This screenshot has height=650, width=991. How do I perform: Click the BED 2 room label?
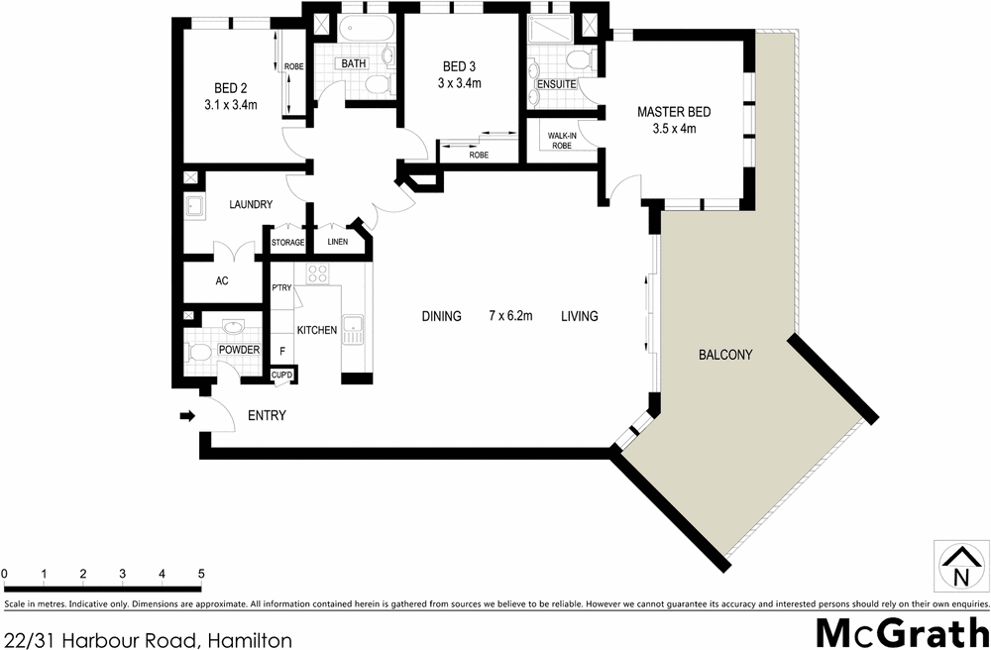pos(231,86)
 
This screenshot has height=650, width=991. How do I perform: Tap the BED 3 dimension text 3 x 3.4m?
pos(460,83)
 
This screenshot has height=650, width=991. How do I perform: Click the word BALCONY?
pos(725,354)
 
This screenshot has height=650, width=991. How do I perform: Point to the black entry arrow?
pos(186,416)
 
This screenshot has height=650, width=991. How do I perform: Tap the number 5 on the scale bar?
pos(201,574)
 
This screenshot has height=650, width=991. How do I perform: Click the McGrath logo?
pos(901,631)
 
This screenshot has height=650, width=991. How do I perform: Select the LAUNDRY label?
pos(251,205)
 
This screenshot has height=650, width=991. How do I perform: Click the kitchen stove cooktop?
pos(318,273)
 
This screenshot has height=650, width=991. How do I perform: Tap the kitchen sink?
pos(353,330)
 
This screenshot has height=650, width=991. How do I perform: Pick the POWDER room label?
pos(240,350)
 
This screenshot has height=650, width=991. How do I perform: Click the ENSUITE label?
pos(556,84)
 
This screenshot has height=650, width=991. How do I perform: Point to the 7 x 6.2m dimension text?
pos(510,316)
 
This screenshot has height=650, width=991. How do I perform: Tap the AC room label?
pos(222,281)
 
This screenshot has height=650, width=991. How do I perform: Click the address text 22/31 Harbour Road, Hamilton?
pos(146,634)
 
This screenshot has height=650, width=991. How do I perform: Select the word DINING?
pos(441,316)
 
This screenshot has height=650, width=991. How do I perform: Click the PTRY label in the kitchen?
pos(280,288)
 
